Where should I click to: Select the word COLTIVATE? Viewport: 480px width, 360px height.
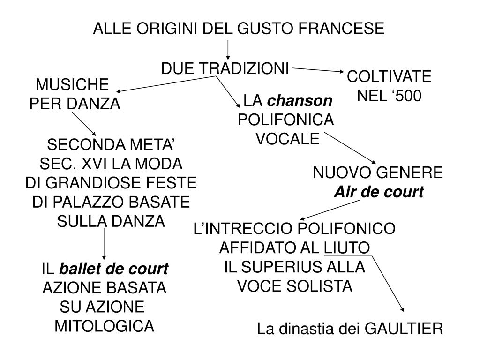[x=389, y=77]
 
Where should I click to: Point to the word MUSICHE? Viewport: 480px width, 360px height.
[x=73, y=85]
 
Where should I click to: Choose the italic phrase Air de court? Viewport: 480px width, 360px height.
[x=378, y=192]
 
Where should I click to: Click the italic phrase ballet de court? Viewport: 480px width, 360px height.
[x=113, y=269]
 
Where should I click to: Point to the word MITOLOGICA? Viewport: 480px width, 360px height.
[x=104, y=325]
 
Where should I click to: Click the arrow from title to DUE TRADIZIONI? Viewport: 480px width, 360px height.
[x=228, y=49]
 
